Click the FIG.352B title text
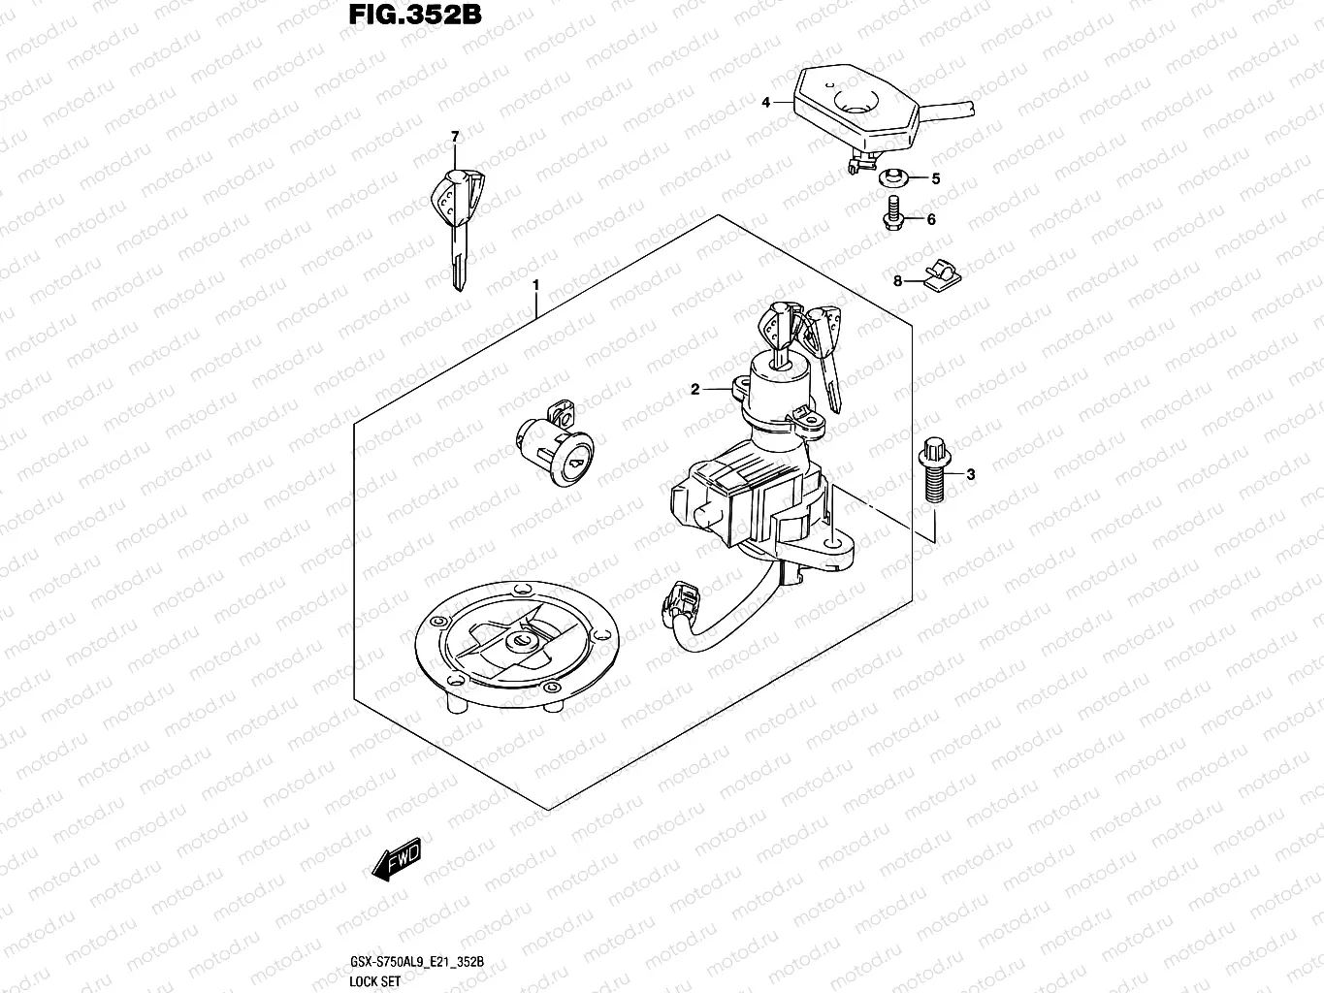pyautogui.click(x=414, y=16)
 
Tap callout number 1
pyautogui.click(x=535, y=286)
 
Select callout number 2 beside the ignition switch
pyautogui.click(x=694, y=390)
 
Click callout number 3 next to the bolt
pyautogui.click(x=971, y=474)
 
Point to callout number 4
pyautogui.click(x=765, y=102)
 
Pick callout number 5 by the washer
pyautogui.click(x=936, y=178)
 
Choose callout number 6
pyautogui.click(x=931, y=220)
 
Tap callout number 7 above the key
pyautogui.click(x=454, y=137)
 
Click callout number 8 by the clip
pyautogui.click(x=898, y=281)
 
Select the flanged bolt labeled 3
pyautogui.click(x=933, y=470)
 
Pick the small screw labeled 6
pyautogui.click(x=892, y=213)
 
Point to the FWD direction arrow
pyautogui.click(x=396, y=859)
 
